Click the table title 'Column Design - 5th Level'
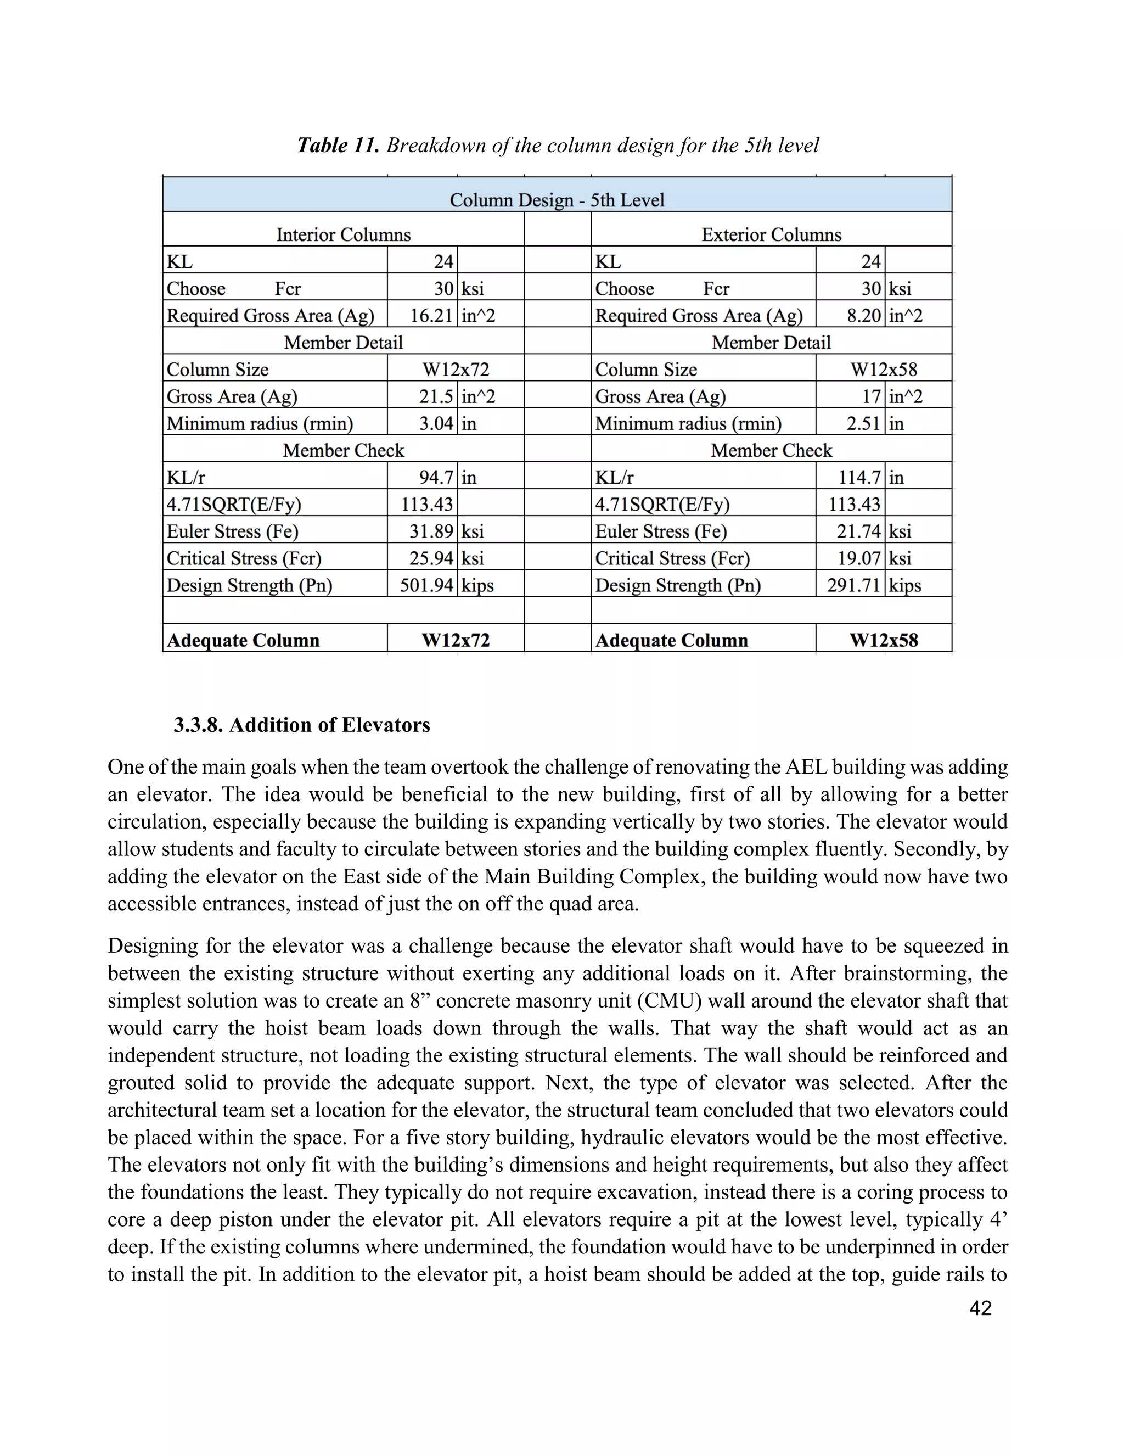click(x=557, y=200)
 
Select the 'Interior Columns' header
click(x=344, y=234)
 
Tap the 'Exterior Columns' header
click(x=771, y=234)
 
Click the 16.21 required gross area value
click(x=431, y=315)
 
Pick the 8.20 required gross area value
click(x=864, y=315)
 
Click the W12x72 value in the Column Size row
click(x=456, y=369)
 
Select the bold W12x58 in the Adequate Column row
click(x=884, y=640)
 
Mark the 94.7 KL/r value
click(x=436, y=477)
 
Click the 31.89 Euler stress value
click(x=431, y=531)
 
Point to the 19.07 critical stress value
click(x=859, y=558)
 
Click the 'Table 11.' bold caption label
click(x=338, y=145)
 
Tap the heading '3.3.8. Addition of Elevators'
click(x=302, y=725)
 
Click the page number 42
click(x=980, y=1308)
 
